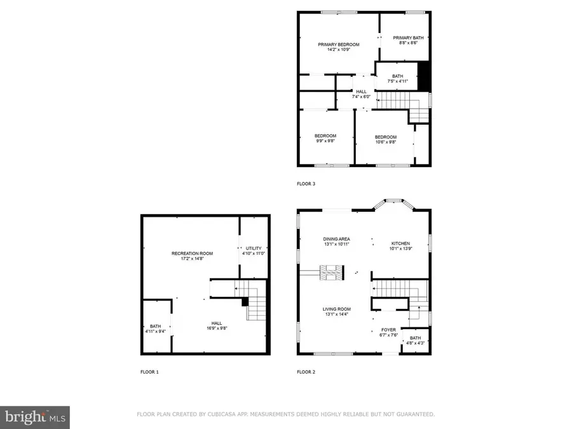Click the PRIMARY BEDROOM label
(x=338, y=44)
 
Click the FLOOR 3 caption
(x=306, y=184)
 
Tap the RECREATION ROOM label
(x=192, y=254)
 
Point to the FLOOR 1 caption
(x=149, y=371)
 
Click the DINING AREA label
(x=337, y=239)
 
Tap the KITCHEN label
(x=400, y=243)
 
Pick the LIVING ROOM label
(x=337, y=310)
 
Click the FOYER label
(x=388, y=330)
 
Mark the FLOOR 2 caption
(x=306, y=371)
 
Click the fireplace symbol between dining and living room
(x=332, y=273)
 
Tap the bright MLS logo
(x=35, y=417)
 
